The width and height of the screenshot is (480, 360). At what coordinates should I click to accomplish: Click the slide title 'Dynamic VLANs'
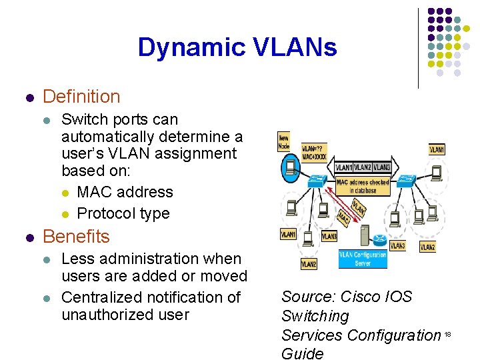237,47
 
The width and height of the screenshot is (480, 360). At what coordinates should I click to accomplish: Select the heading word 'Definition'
81,97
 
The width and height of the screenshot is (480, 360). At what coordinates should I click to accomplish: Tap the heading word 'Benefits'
76,237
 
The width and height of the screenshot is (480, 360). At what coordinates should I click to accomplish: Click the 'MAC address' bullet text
125,192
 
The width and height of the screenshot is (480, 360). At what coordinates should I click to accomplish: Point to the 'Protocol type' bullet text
123,213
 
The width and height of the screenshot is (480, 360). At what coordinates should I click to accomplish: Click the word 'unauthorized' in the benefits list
103,314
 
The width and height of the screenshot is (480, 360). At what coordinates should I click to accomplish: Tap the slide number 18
448,334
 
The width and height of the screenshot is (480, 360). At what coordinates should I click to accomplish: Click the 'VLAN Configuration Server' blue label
362,259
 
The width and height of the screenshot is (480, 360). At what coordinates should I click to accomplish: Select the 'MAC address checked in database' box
362,186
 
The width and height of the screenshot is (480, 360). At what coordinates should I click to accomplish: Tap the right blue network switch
407,179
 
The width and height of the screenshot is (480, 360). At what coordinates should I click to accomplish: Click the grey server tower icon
365,235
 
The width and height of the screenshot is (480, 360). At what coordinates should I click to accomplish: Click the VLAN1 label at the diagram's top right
437,150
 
